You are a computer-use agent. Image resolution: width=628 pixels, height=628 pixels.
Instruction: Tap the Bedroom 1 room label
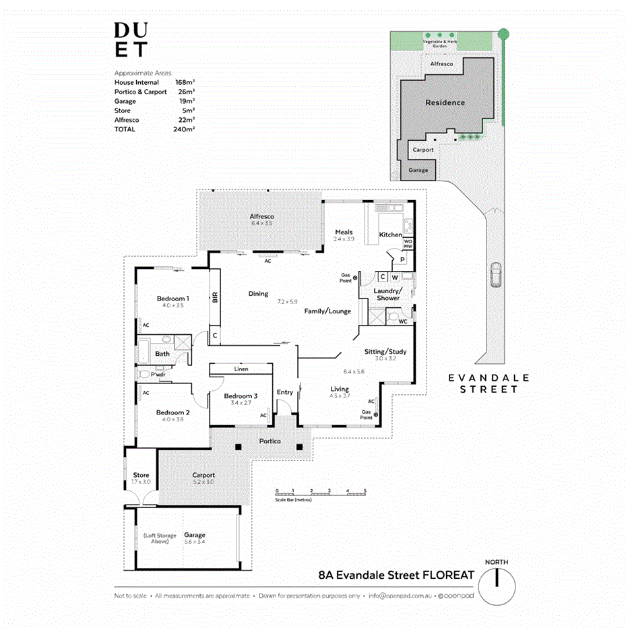click(172, 299)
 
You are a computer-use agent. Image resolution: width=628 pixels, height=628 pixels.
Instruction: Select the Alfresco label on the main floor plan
click(261, 216)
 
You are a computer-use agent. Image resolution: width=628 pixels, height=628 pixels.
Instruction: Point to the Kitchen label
click(390, 234)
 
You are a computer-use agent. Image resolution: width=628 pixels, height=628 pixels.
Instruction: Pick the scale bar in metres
click(321, 494)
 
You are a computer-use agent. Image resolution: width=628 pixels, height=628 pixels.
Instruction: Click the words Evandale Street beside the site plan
click(489, 383)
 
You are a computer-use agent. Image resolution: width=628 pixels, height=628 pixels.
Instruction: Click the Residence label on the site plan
click(445, 102)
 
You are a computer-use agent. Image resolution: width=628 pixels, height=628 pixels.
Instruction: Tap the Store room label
click(141, 475)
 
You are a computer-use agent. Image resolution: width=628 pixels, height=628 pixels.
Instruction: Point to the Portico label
click(270, 441)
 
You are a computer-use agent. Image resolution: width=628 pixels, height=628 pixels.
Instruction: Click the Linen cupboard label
click(241, 369)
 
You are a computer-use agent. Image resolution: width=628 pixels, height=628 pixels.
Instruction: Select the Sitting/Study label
click(385, 352)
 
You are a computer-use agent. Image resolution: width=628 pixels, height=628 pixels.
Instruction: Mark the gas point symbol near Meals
click(355, 277)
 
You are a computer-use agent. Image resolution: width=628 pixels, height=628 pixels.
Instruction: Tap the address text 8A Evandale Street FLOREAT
click(396, 575)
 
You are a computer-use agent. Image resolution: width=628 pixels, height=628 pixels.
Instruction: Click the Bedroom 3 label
click(241, 396)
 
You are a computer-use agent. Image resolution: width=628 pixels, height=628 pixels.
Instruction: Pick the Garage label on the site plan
click(418, 170)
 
